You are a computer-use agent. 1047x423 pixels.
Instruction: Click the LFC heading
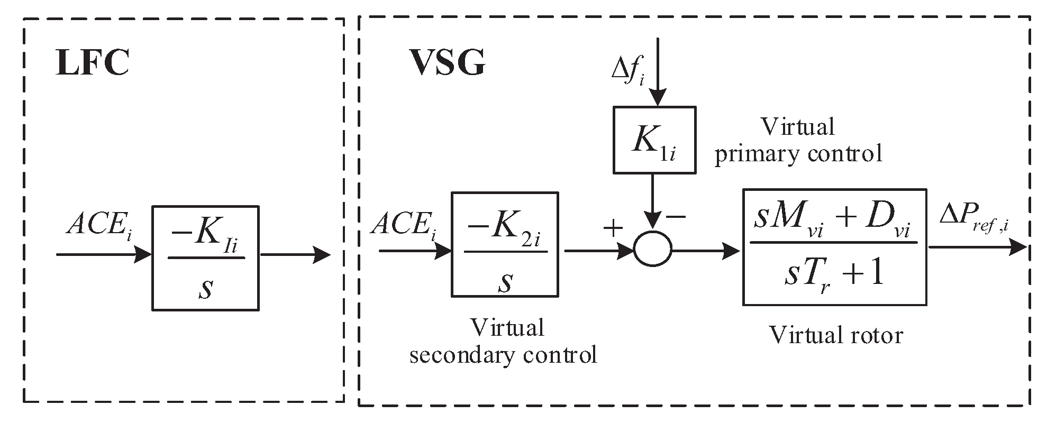93,65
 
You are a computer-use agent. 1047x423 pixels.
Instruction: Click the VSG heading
448,65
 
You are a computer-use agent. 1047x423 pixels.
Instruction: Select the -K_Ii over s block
205,258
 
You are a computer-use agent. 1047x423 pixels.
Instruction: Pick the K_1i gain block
654,140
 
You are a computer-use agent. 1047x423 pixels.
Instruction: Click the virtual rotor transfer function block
834,247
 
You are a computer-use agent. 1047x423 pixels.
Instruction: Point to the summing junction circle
653,248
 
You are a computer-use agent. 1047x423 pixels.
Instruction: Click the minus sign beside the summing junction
676,216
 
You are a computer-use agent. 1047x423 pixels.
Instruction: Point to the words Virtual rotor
835,335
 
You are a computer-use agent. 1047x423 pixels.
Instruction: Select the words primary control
798,154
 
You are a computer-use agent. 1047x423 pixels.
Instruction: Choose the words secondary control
503,355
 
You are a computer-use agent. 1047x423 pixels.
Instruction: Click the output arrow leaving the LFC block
295,255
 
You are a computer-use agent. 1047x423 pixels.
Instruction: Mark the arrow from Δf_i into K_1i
658,74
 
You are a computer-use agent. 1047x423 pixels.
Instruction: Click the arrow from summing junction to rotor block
706,251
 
